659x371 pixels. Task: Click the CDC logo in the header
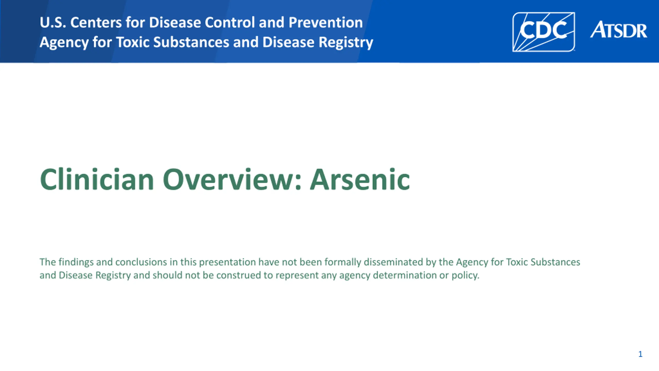pyautogui.click(x=543, y=32)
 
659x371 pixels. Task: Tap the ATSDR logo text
pyautogui.click(x=619, y=30)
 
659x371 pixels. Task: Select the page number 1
pyautogui.click(x=640, y=354)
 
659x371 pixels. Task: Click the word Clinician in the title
pyautogui.click(x=97, y=179)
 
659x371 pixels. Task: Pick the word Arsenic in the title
pyautogui.click(x=360, y=179)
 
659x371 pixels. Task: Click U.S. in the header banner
pyautogui.click(x=53, y=22)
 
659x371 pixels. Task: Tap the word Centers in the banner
pyautogui.click(x=96, y=22)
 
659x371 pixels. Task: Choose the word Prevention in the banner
pyautogui.click(x=326, y=22)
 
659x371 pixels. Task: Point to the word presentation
pyautogui.click(x=227, y=263)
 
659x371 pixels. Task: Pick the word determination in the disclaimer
pyautogui.click(x=405, y=275)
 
